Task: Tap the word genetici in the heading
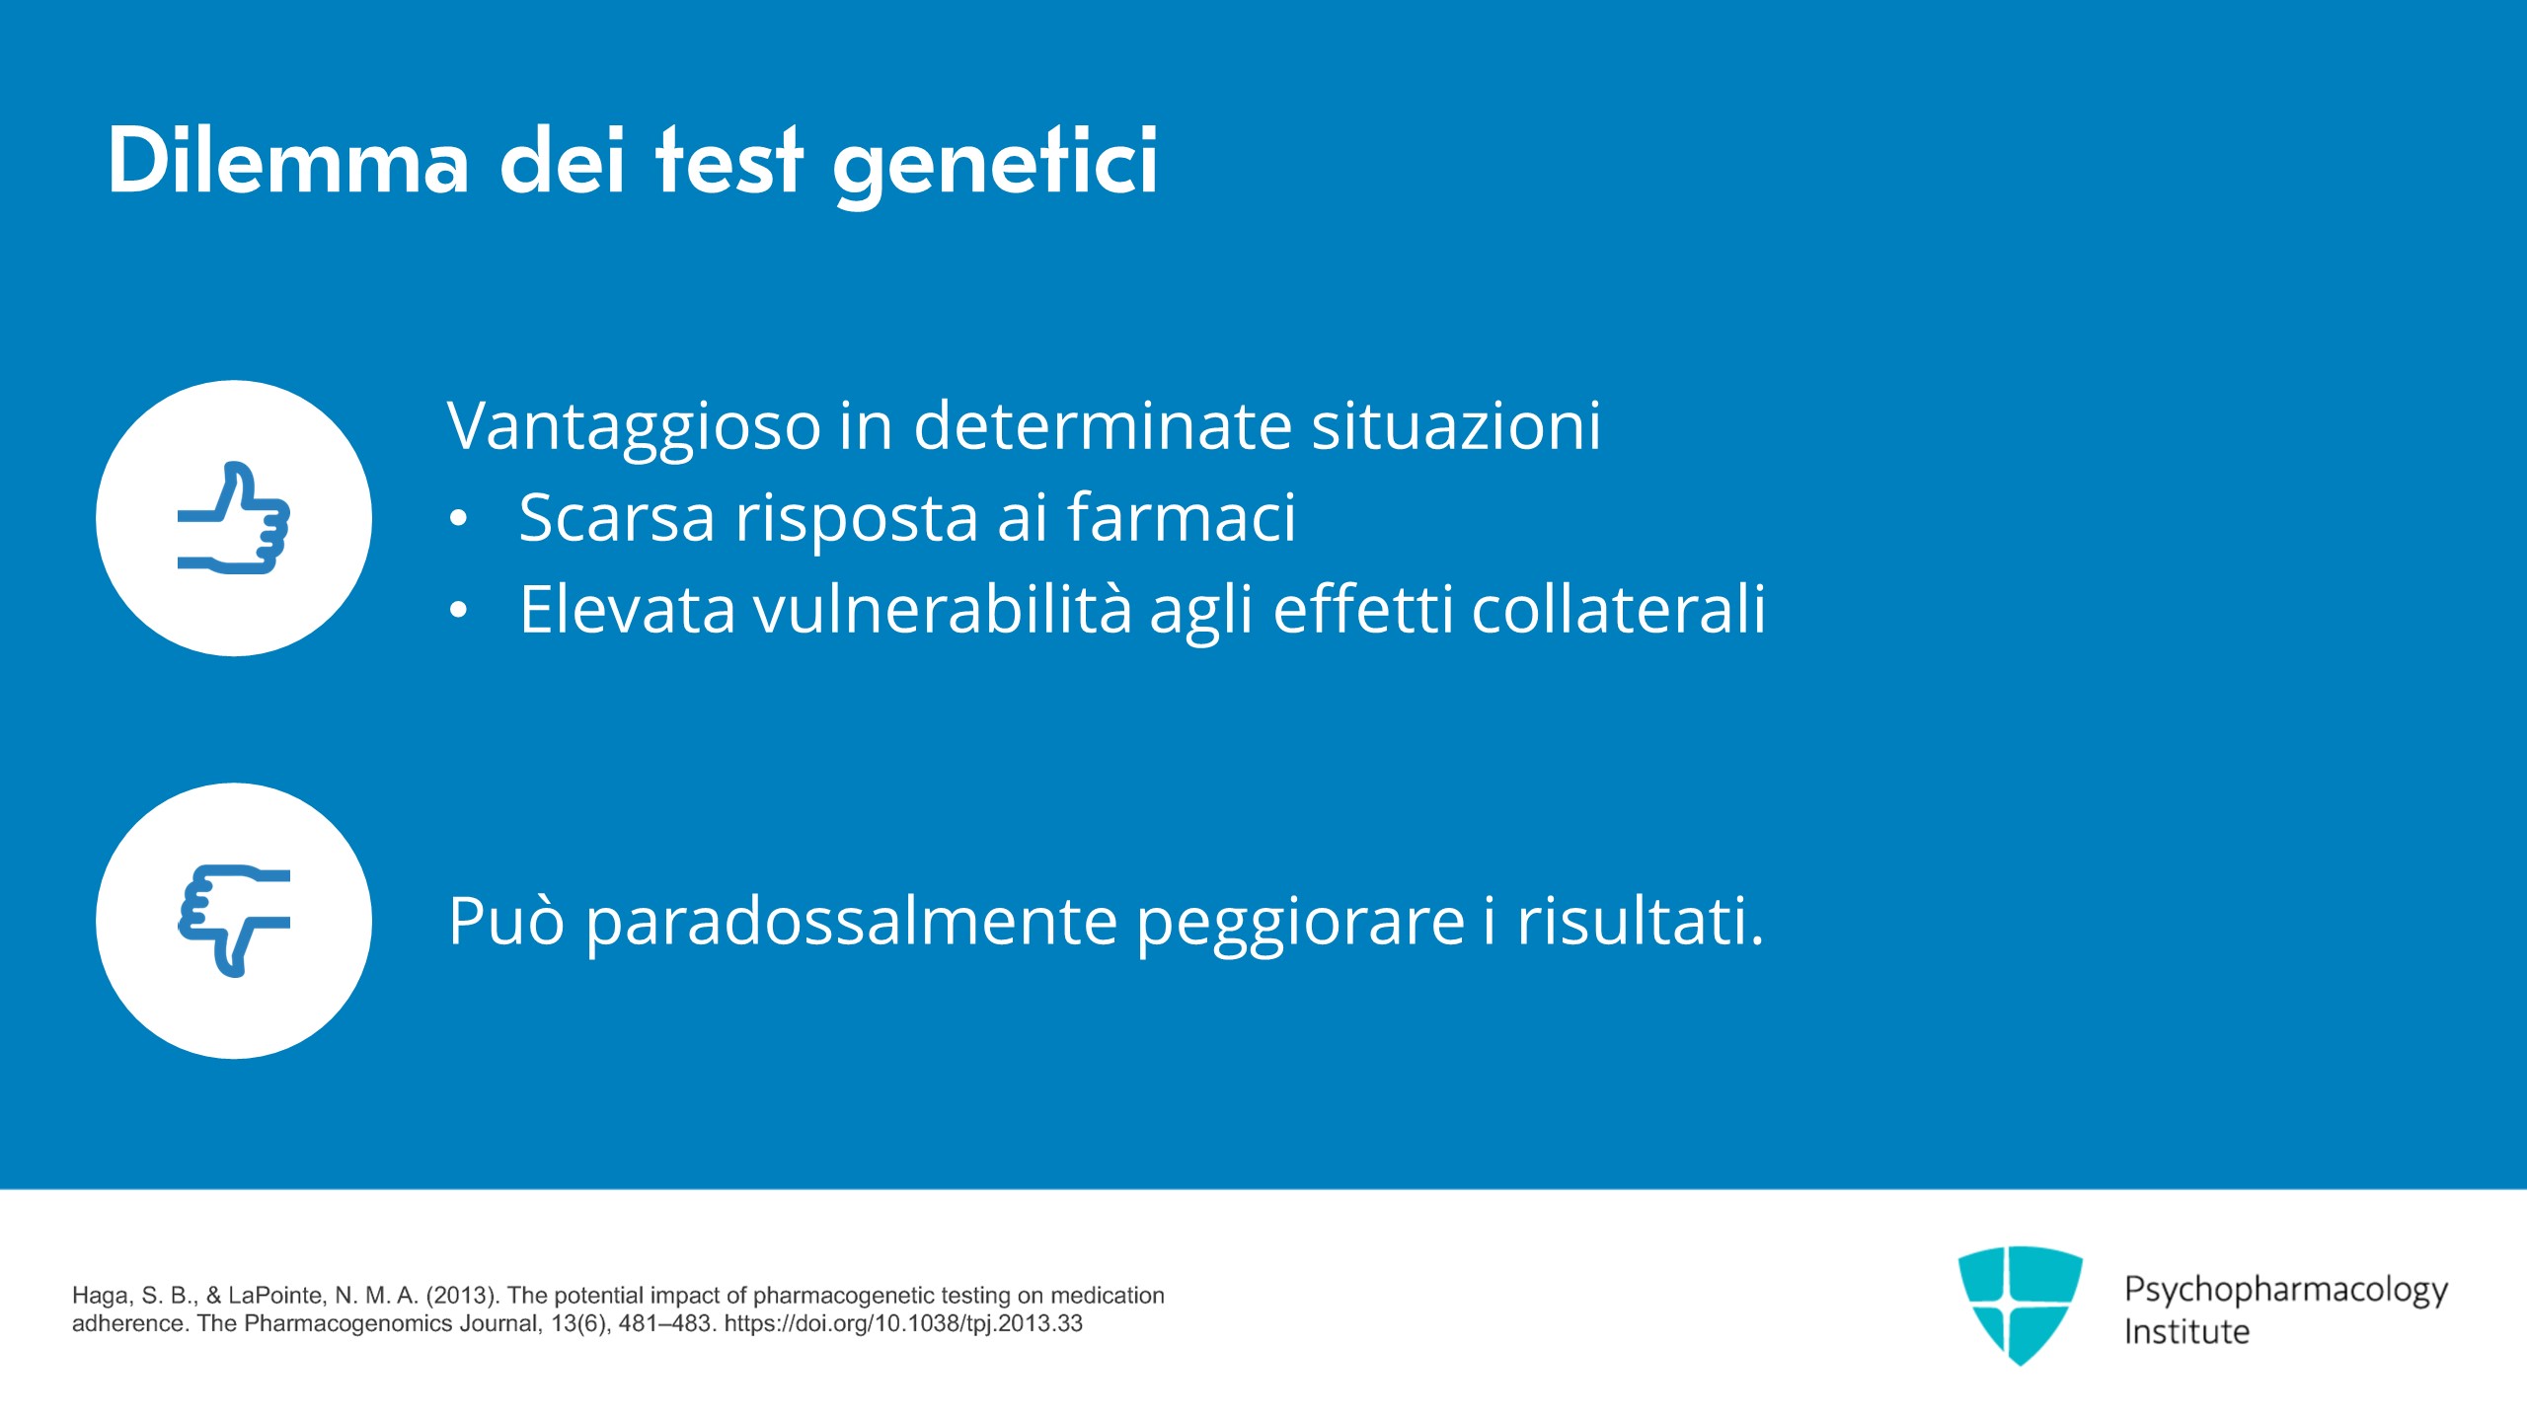[995, 167]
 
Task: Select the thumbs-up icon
[234, 517]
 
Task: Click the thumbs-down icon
[234, 921]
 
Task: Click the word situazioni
[1456, 426]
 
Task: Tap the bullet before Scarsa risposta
[458, 519]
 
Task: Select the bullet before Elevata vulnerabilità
[458, 611]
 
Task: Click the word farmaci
[1181, 517]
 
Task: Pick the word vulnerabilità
[943, 609]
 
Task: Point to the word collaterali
[1619, 609]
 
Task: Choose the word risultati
[1640, 921]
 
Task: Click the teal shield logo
[2020, 1305]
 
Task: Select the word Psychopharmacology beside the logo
[2286, 1291]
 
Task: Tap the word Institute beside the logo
[2186, 1332]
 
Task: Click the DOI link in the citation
[903, 1323]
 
